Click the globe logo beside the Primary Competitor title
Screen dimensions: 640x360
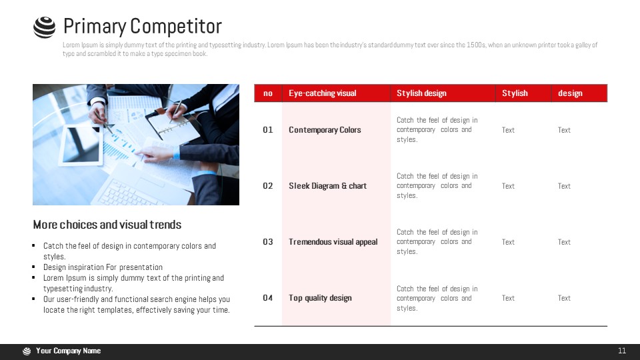pos(44,27)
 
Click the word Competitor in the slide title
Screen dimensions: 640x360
pos(176,27)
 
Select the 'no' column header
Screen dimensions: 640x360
pos(268,93)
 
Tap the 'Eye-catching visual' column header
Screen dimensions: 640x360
pos(323,93)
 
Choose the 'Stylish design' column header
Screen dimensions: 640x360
pos(421,93)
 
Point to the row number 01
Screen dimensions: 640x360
pos(268,130)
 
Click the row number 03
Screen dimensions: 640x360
pos(268,241)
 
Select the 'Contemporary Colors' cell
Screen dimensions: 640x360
pos(325,130)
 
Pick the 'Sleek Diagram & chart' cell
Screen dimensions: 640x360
pos(328,186)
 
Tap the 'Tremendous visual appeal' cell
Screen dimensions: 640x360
pos(333,241)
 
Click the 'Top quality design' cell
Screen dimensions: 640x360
pos(320,298)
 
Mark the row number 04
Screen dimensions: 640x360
pos(268,298)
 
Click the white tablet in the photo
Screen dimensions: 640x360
pos(81,145)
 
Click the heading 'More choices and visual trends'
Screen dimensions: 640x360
pos(107,225)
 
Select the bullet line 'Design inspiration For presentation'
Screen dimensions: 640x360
pos(103,267)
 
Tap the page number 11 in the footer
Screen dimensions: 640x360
pos(622,351)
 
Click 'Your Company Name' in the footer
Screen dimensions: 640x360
pos(68,351)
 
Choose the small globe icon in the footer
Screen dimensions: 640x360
pos(27,351)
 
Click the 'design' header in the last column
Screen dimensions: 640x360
pos(570,93)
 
